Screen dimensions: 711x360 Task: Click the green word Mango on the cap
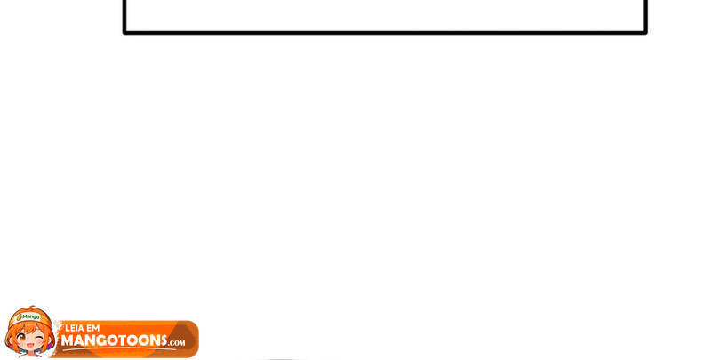[31, 316]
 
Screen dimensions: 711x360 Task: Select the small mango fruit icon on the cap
[20, 317]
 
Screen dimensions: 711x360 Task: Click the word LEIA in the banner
[75, 328]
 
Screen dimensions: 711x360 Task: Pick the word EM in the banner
[92, 328]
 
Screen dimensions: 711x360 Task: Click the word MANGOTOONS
[115, 340]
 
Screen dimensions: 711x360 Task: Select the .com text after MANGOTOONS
[177, 343]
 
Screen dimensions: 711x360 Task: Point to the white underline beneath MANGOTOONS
[119, 349]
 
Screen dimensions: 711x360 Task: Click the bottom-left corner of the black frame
[124, 33]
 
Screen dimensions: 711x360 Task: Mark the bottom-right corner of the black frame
[645, 33]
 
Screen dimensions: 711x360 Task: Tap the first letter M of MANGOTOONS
[68, 340]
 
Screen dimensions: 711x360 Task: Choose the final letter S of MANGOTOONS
[163, 340]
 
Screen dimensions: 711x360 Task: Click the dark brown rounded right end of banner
[188, 340]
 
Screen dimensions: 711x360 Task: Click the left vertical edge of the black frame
[124, 16]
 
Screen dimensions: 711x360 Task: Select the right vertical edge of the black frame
[645, 16]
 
